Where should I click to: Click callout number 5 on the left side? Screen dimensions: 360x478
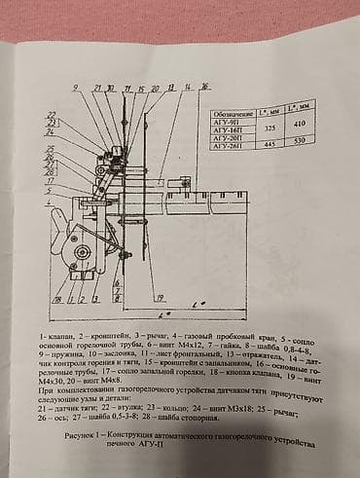(x=48, y=191)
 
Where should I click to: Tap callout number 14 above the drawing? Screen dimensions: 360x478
(x=184, y=87)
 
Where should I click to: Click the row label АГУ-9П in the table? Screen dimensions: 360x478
(x=232, y=122)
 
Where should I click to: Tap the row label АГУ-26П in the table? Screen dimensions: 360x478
(x=232, y=148)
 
